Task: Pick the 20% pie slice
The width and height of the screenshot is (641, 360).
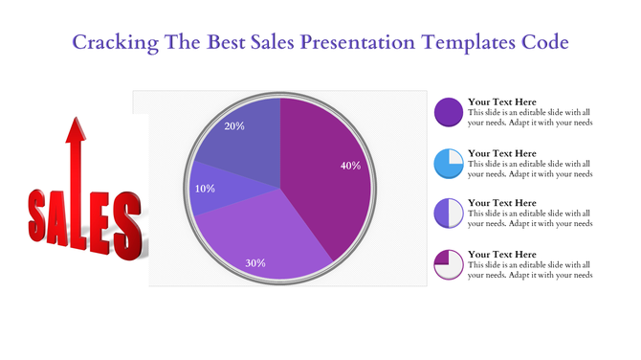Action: point(239,144)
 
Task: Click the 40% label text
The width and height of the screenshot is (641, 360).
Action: point(350,166)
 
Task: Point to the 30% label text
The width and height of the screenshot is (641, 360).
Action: point(255,263)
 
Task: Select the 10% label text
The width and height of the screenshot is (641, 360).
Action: point(205,189)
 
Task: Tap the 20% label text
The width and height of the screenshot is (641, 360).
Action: point(234,126)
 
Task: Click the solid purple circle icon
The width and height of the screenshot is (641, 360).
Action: point(449,111)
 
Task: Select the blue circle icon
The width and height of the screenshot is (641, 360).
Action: point(449,163)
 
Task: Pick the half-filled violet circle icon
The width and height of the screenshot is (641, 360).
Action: point(449,213)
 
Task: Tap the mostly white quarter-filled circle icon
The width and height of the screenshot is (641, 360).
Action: point(449,263)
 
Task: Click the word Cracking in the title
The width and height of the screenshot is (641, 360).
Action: point(106,43)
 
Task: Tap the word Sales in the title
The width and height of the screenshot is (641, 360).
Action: point(270,43)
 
